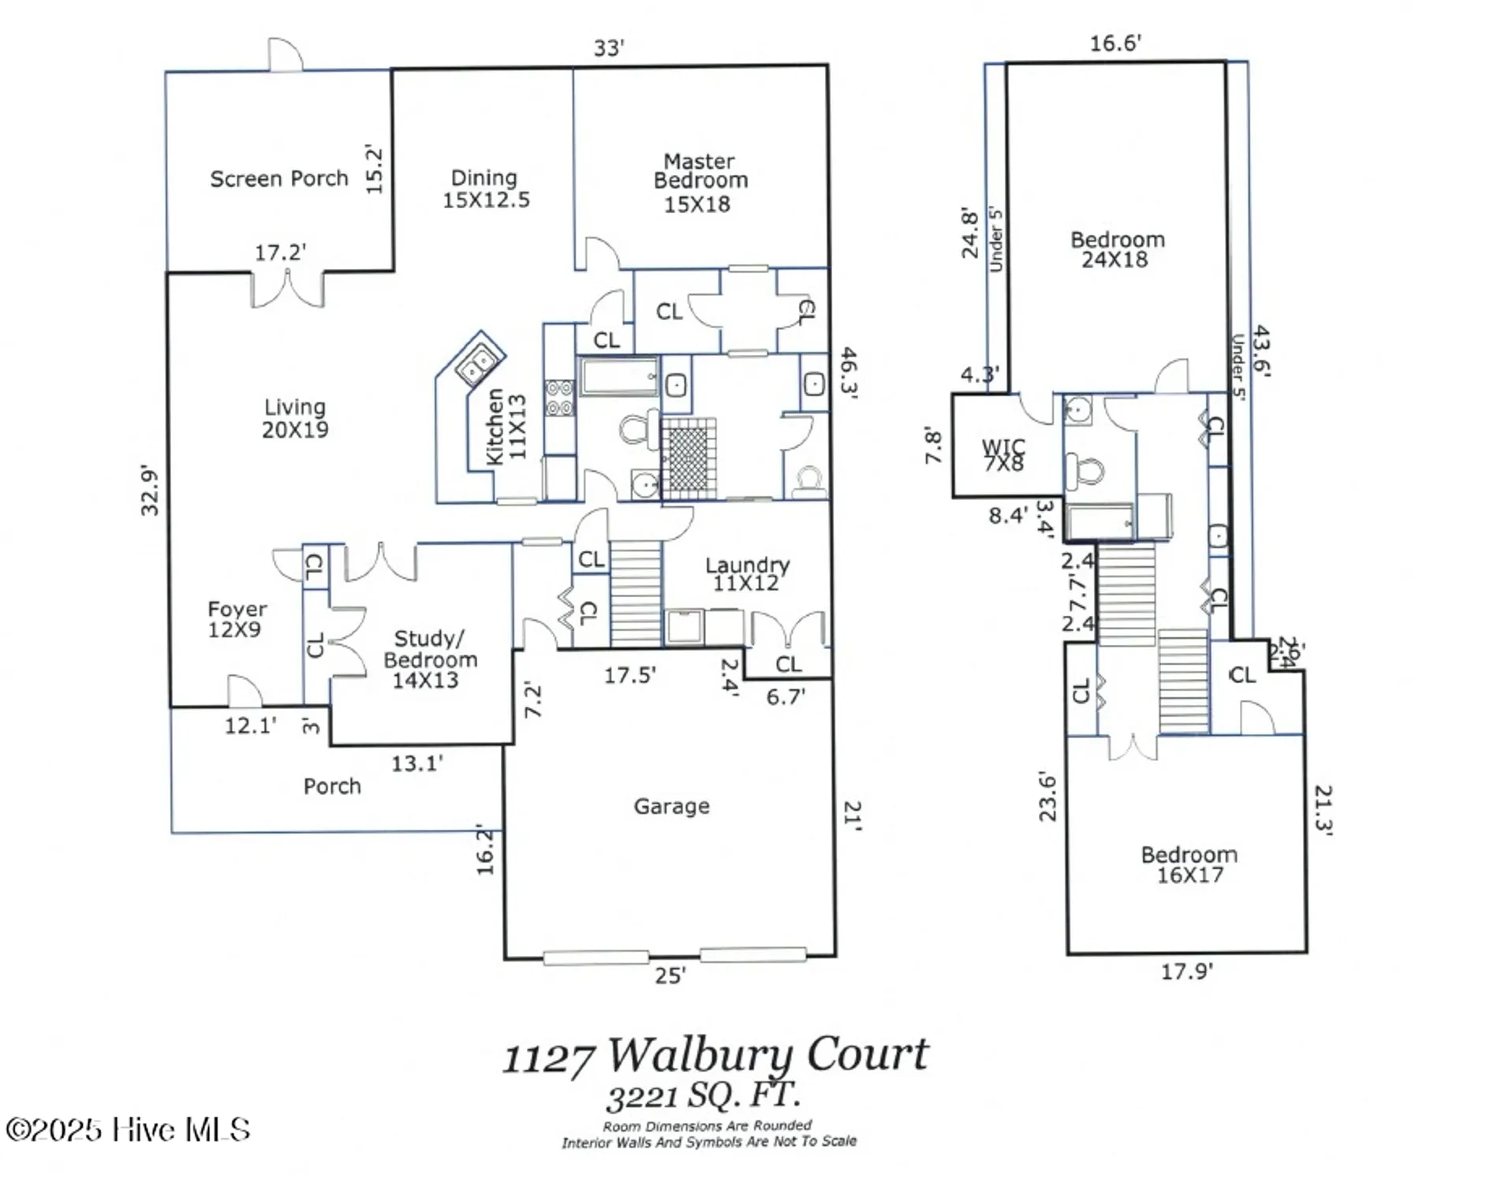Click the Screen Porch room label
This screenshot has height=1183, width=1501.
(x=278, y=179)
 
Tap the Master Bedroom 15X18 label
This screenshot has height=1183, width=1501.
(x=700, y=183)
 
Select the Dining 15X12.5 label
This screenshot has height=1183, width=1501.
(x=485, y=188)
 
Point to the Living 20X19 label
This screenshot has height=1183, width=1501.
(x=295, y=418)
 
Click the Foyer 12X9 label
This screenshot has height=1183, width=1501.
(x=237, y=619)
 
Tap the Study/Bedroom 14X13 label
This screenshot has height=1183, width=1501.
(x=430, y=659)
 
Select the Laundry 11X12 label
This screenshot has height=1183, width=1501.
(x=746, y=573)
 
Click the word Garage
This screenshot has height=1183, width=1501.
(x=671, y=806)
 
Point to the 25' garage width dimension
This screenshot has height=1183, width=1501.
(x=669, y=976)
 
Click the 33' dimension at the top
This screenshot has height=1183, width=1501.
(x=608, y=48)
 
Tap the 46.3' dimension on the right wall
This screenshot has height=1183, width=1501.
(x=848, y=373)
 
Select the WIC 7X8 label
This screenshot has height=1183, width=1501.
(x=1003, y=455)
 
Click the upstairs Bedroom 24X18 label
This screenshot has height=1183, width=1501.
(x=1116, y=249)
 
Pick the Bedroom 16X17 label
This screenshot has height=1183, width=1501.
(x=1189, y=864)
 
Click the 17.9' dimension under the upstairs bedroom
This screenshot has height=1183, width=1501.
(x=1185, y=972)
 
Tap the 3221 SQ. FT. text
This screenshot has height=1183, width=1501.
(x=704, y=1095)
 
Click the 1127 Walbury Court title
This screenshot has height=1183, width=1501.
(x=715, y=1055)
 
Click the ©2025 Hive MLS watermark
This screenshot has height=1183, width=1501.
(x=127, y=1130)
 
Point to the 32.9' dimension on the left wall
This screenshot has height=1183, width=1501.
(x=149, y=491)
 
